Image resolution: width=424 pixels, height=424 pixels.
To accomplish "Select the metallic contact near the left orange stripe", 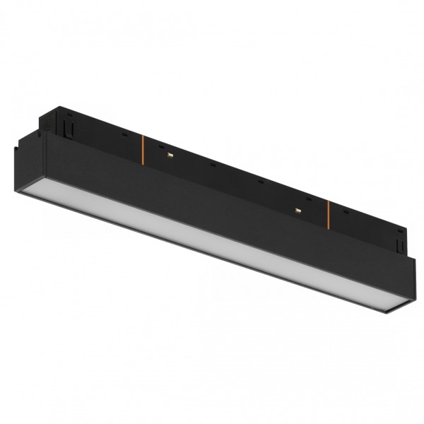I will click(170, 153).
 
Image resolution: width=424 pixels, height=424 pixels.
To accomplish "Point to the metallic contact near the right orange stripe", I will click(298, 210).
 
